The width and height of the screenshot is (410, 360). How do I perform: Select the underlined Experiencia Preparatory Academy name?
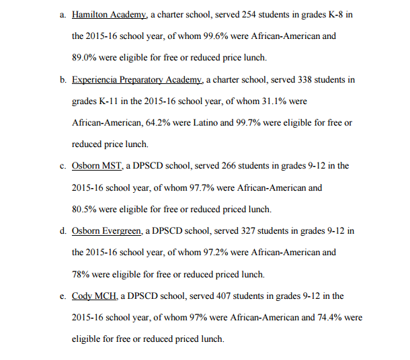pyautogui.click(x=137, y=80)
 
